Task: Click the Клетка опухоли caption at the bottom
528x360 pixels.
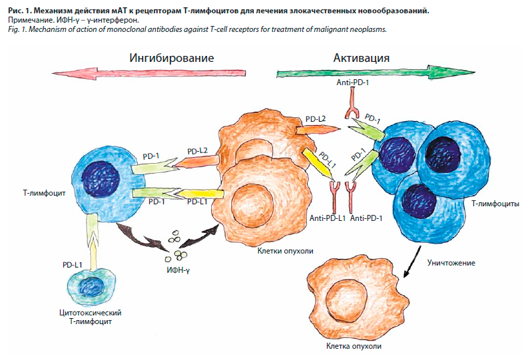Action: (354, 347)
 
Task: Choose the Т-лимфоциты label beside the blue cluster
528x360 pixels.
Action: (494, 205)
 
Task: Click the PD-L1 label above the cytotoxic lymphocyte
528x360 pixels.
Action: (73, 265)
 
